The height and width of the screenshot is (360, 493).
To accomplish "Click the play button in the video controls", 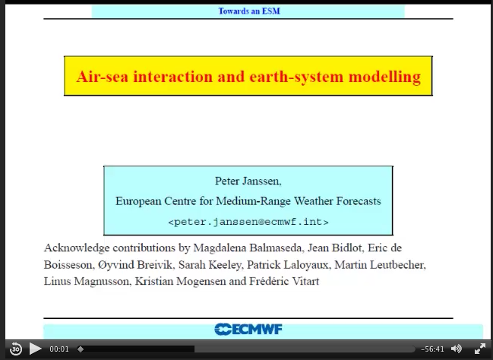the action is pos(35,349).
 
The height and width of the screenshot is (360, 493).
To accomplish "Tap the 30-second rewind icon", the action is pos(16,349).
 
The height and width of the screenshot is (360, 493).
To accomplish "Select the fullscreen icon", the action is pos(480,349).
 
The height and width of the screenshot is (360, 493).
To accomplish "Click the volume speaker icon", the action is pos(457,349).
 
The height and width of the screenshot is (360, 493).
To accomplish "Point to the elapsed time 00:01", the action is pos(59,349).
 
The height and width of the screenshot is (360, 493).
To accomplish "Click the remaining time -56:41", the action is pos(432,349).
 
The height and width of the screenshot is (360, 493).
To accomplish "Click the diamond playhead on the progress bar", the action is pos(81,349).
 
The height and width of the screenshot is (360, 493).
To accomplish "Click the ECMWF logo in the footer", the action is pos(248,329).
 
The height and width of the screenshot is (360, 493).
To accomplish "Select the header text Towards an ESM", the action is pos(249,11).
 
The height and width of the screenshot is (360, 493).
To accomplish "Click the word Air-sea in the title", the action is pos(103,77).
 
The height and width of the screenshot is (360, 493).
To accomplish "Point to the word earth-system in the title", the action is pos(296,77).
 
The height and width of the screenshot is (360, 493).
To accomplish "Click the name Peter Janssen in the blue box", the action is pos(248,181).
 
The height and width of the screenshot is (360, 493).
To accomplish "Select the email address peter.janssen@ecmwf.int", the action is pos(248,222).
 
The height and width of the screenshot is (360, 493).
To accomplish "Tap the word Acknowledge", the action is pos(77,248).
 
